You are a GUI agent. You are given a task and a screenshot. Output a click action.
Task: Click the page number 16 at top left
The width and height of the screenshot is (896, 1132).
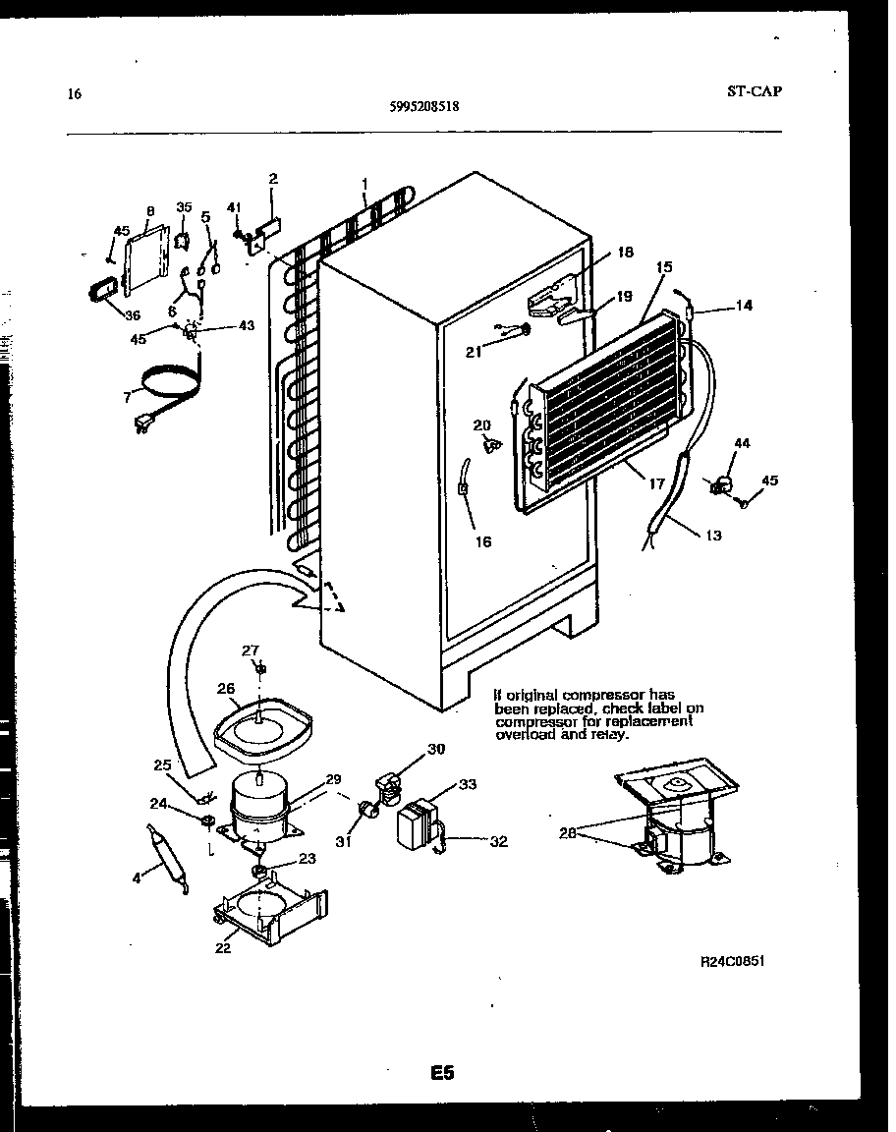pos(74,94)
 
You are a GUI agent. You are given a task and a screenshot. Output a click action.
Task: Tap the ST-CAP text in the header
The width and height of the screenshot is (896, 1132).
pos(755,91)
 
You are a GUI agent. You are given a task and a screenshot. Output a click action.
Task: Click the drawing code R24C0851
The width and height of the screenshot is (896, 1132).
pos(732,961)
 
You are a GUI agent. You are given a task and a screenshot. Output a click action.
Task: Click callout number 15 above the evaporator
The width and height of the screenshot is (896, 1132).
pos(664,266)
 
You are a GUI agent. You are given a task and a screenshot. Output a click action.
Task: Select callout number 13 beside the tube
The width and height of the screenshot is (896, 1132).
pos(712,536)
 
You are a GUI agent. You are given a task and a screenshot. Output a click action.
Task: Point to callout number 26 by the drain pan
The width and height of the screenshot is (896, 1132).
pos(226,689)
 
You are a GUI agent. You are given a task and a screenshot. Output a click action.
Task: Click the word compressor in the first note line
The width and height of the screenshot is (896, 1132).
pos(594,695)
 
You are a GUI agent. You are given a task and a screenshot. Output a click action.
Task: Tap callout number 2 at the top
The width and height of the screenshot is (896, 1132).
pos(273,179)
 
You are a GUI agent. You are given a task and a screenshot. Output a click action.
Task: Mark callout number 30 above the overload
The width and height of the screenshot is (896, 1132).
pos(435,749)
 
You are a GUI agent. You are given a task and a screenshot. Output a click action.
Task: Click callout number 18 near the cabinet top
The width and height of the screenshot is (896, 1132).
pos(625,253)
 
